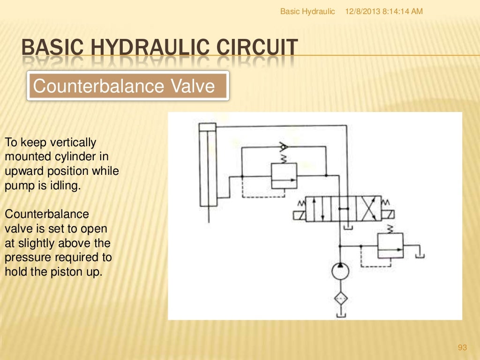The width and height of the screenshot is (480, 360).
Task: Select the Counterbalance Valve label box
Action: (x=127, y=86)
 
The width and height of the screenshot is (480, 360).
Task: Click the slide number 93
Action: (x=462, y=347)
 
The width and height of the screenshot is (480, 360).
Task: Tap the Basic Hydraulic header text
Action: (x=307, y=11)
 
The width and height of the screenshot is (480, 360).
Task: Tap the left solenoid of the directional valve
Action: (x=299, y=216)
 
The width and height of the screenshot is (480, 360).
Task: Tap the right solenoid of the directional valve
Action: (x=388, y=216)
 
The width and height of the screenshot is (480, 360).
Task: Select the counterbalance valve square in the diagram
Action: (x=285, y=176)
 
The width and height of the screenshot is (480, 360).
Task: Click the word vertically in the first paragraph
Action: (x=73, y=142)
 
